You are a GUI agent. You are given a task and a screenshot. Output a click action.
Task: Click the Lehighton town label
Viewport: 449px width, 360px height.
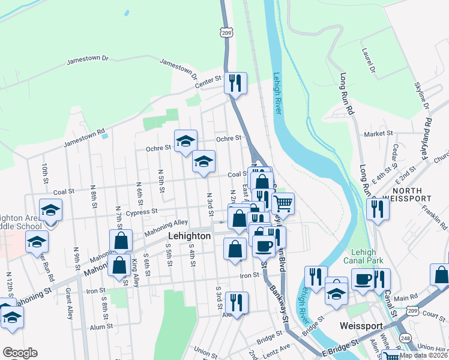[189, 236]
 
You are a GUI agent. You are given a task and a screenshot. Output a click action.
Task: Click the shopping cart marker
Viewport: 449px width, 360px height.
[283, 204]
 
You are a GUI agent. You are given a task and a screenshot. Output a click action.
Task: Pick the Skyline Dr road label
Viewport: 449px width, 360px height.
[422, 95]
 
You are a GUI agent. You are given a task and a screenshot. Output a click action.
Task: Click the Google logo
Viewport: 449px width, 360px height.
[20, 352]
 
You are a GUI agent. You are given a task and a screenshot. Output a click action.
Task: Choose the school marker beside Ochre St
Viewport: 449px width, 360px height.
[185, 142]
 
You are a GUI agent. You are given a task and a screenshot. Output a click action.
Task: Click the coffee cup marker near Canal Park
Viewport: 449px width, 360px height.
[363, 280]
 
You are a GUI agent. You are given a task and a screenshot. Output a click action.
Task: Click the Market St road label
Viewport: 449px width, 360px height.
[378, 133]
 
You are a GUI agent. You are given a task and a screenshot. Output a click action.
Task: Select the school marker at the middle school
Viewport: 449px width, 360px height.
[50, 211]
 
